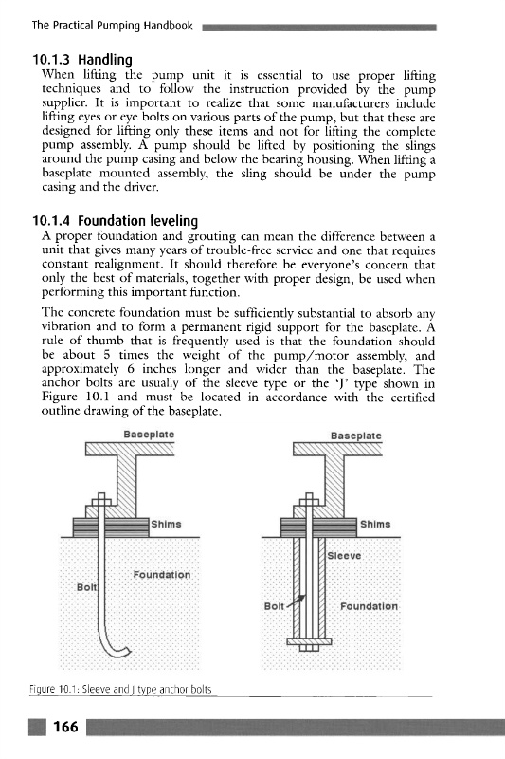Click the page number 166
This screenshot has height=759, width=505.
point(65,727)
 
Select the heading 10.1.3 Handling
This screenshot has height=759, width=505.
point(82,60)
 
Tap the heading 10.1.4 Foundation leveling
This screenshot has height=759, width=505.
point(115,221)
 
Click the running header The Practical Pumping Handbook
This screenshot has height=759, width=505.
point(112,26)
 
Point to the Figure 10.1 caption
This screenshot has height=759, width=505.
point(120,690)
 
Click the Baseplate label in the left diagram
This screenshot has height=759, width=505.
point(149,435)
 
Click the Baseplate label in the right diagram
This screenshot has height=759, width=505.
point(356,435)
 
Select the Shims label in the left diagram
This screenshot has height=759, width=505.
point(166,524)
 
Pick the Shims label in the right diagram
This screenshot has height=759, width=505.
point(375,524)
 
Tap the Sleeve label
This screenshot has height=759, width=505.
point(344,556)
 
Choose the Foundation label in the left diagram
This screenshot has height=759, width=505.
point(162,575)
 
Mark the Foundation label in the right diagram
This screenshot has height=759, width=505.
point(369,606)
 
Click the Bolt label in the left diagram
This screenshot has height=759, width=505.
point(87,587)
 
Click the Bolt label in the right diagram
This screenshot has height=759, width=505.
point(274,606)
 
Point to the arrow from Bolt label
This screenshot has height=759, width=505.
point(297,601)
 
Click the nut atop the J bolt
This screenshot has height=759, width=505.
point(101,500)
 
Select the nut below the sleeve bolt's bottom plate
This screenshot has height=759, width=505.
point(309,648)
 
